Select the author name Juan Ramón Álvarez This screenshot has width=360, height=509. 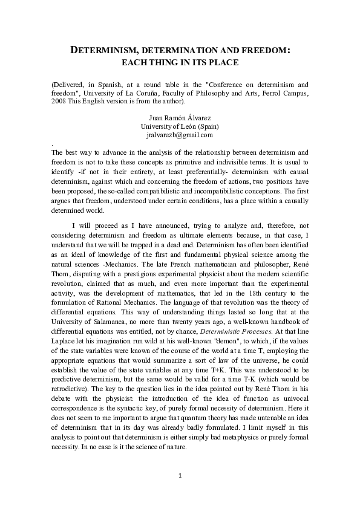(180, 117)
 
